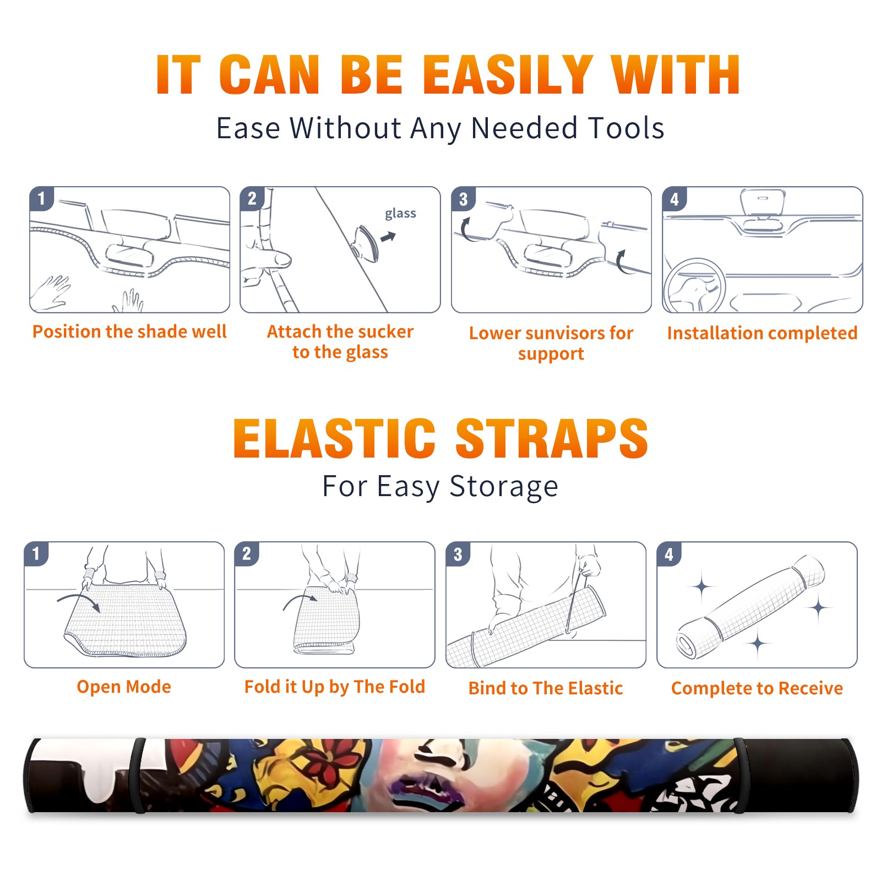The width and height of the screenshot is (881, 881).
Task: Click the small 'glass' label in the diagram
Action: click(400, 214)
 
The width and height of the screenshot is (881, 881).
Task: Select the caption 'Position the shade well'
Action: click(129, 331)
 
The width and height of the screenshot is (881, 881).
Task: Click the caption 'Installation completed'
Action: click(762, 333)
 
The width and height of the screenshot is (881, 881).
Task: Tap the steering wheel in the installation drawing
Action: click(694, 286)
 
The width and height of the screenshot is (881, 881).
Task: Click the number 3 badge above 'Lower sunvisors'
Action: click(464, 199)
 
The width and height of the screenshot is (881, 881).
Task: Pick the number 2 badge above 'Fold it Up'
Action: click(247, 554)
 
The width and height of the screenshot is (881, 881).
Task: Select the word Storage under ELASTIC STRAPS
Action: click(504, 487)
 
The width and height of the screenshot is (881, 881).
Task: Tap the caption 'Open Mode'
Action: click(124, 687)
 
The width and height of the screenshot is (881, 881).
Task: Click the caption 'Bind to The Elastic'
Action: click(546, 688)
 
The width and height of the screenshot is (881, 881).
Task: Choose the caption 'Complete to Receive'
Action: click(757, 688)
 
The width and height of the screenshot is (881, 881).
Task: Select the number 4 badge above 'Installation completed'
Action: click(675, 199)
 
